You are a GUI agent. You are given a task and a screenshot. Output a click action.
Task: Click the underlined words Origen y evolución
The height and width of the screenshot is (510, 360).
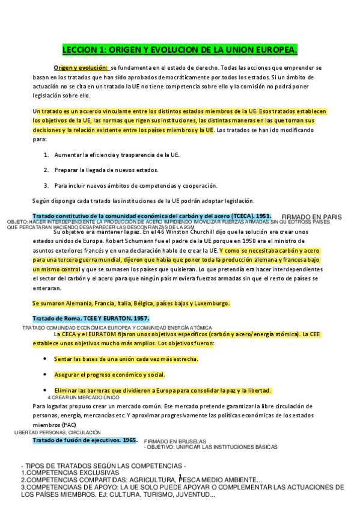81,68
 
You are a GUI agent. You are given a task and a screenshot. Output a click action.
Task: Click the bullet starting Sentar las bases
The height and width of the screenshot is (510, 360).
126,359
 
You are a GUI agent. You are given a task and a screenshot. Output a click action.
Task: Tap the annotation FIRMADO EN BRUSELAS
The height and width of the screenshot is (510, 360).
175,441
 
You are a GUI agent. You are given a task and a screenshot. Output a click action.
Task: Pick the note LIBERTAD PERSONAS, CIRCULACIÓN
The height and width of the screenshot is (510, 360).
58,432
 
